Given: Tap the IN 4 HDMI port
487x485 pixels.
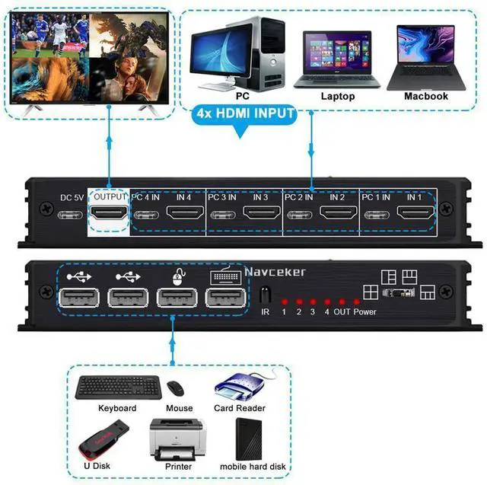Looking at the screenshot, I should pyautogui.click(x=183, y=215).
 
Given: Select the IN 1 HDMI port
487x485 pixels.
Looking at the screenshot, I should pyautogui.click(x=414, y=215).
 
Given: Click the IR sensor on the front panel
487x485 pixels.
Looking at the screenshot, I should pyautogui.click(x=266, y=295).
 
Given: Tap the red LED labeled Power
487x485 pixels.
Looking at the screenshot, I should pyautogui.click(x=357, y=302).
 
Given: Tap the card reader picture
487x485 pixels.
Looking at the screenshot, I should pyautogui.click(x=243, y=386).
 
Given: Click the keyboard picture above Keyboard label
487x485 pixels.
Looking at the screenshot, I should pyautogui.click(x=117, y=387).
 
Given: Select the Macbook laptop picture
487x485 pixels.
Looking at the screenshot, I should pyautogui.click(x=425, y=58).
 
